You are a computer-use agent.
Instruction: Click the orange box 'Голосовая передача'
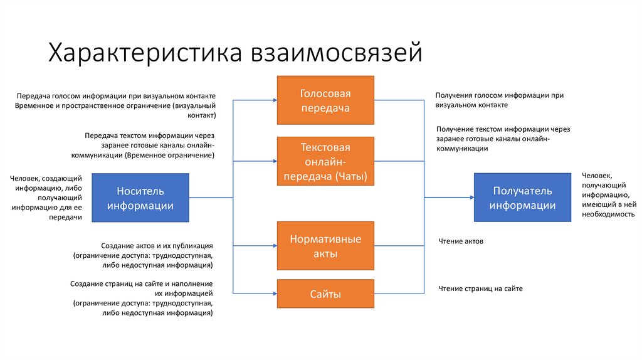325,100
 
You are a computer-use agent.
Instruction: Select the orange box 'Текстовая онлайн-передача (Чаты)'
325,162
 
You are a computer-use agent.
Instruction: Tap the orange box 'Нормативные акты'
325,246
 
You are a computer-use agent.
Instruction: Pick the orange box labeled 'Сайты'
325,294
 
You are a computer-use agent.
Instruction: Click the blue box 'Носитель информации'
140,198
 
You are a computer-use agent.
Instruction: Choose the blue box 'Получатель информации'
522,198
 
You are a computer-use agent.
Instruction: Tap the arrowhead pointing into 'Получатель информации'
470,197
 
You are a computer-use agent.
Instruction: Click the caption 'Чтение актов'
461,241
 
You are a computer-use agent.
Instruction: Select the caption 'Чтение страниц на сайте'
480,289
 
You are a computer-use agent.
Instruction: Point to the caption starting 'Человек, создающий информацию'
46,198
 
